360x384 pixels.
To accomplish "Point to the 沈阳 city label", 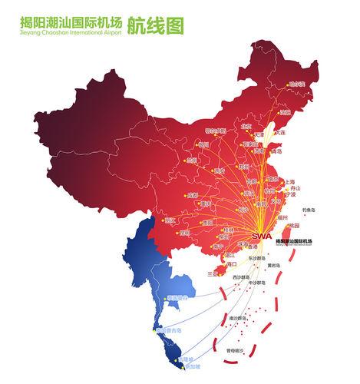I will click(286, 112).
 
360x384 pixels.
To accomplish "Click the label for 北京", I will click(246, 126).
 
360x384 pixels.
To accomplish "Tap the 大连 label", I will click(280, 133).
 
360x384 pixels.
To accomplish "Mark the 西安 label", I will click(219, 170).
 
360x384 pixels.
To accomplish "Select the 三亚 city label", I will click(213, 273).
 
